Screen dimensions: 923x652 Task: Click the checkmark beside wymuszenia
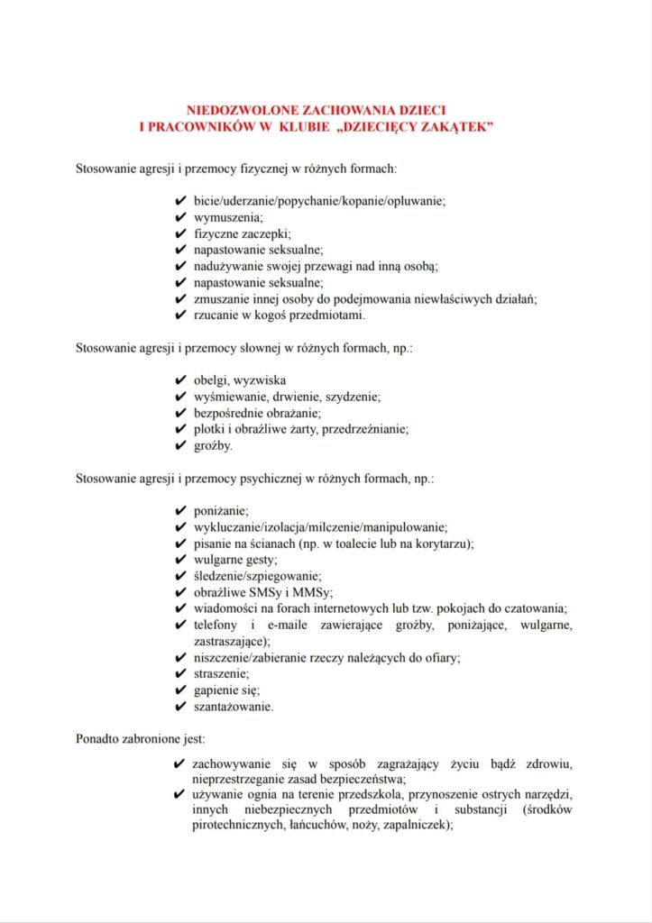[x=179, y=217]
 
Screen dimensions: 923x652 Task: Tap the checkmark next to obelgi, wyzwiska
[x=179, y=379]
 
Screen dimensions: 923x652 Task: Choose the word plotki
[x=208, y=429]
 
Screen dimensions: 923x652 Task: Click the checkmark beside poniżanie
[x=179, y=510]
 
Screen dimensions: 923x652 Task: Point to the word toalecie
[x=397, y=544]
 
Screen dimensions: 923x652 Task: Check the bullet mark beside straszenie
[x=179, y=673]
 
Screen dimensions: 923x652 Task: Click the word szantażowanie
[x=234, y=707]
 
